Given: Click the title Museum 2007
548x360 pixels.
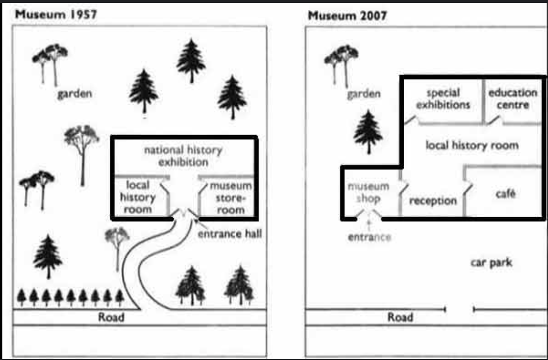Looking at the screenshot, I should pos(347,16).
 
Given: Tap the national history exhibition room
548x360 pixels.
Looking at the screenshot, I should pos(183,156).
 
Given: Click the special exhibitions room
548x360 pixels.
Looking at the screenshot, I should pos(443,99).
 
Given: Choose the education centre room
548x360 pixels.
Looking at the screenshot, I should pos(513,99).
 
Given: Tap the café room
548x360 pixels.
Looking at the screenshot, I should pos(505,194).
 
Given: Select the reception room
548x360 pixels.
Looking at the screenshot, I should pos(433,201).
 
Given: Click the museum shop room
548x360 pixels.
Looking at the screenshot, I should pos(369,192).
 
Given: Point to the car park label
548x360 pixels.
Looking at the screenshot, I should pos(491,262).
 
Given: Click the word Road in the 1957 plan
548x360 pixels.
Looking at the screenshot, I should pos(111,317).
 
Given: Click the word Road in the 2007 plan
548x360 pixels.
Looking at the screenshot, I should pos(400,317).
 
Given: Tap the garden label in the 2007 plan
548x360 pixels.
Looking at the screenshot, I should pos(364,94).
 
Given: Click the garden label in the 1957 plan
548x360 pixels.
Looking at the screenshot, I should pos(75,94).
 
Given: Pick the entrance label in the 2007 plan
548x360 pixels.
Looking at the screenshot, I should pos(369,237).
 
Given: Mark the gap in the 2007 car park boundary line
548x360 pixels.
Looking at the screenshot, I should pos(459,310).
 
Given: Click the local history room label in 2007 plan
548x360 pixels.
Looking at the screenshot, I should pos(472,145).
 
